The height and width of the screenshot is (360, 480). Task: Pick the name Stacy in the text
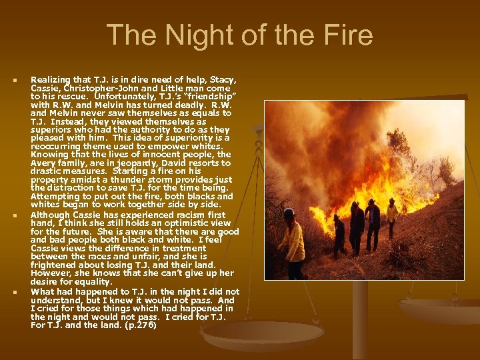pos(221,80)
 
